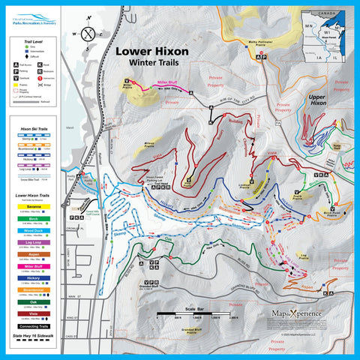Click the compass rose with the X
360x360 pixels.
(90, 33)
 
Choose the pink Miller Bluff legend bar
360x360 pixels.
(36, 265)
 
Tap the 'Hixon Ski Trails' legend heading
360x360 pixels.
(36, 130)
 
